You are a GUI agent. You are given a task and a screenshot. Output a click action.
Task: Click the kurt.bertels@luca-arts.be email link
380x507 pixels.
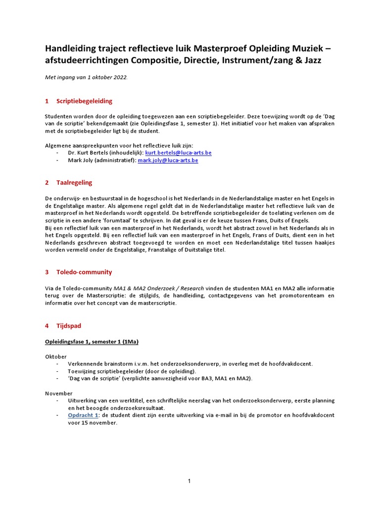pos(178,153)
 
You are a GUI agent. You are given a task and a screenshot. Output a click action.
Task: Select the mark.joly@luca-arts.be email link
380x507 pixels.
pos(168,160)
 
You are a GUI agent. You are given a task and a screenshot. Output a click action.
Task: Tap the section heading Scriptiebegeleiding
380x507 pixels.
pos(84,101)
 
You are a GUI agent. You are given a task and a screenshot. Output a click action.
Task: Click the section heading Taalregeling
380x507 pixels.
pos(74,183)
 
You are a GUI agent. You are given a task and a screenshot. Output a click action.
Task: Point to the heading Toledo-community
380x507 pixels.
pos(84,272)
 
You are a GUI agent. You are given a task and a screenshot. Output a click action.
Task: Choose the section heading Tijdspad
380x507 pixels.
pos(69,326)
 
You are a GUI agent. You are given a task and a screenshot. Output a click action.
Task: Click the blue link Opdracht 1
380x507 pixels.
pos(83,415)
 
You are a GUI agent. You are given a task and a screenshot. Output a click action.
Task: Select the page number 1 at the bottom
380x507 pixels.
pos(190,481)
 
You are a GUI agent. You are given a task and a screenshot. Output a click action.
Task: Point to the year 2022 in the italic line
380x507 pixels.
pos(119,78)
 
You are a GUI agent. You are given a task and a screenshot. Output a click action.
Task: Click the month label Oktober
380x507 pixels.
pos(55,356)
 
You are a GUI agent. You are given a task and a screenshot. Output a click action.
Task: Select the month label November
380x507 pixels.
pos(58,393)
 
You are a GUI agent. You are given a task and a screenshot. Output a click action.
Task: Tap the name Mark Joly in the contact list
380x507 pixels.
pos(81,160)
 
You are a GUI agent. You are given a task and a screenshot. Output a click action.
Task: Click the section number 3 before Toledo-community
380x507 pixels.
pos(47,272)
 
